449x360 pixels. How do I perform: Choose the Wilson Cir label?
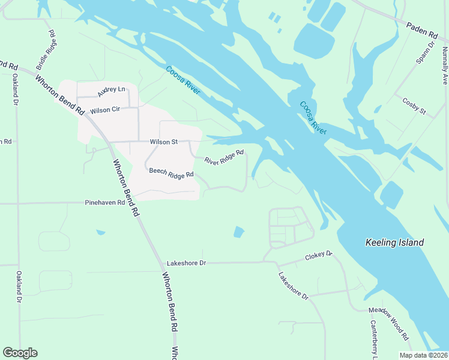click(x=104, y=111)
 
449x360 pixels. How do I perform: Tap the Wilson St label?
click(x=164, y=142)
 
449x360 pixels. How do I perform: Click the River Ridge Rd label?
click(x=224, y=157)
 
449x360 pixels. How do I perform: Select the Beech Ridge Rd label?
click(x=172, y=173)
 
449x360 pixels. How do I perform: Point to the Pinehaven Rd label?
click(x=104, y=203)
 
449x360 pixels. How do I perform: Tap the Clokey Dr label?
click(x=318, y=256)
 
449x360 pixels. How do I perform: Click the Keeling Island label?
click(x=394, y=243)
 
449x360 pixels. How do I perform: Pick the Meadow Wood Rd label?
click(x=388, y=325)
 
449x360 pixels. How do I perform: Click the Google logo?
click(x=20, y=352)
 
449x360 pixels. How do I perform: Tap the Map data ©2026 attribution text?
click(x=423, y=355)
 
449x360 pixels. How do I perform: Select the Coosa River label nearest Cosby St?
click(x=312, y=118)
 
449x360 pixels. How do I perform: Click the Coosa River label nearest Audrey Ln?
click(x=182, y=81)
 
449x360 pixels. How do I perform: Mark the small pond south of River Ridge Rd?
click(x=239, y=232)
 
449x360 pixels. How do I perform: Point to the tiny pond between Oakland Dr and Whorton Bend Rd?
click(x=100, y=232)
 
